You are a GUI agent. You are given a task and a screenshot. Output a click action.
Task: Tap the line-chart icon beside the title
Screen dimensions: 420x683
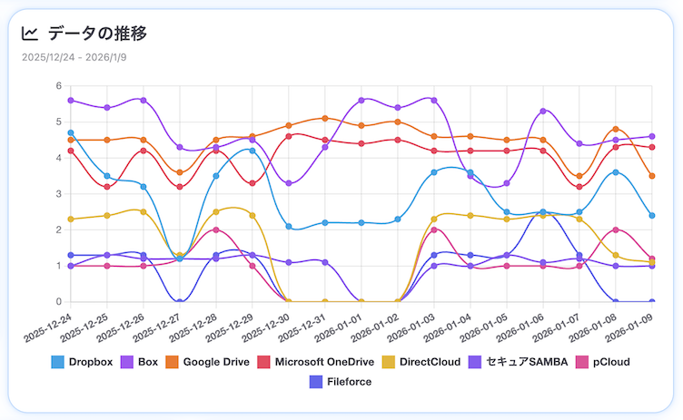[30, 34]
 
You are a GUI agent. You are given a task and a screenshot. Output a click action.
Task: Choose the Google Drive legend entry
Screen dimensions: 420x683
[206, 362]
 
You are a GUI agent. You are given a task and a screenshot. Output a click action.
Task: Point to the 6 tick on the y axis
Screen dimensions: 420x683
[58, 87]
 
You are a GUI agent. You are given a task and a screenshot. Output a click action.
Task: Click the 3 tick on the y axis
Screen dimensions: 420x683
[58, 194]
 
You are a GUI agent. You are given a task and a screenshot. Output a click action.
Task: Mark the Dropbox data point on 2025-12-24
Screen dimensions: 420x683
[71, 133]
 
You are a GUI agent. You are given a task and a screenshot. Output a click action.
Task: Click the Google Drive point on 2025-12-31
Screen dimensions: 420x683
[325, 119]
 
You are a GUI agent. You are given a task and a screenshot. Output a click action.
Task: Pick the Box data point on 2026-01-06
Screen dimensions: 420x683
[543, 112]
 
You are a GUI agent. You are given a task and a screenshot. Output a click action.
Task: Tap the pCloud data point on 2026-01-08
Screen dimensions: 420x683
[616, 230]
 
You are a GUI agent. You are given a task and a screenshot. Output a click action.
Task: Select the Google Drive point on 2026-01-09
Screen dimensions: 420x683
[652, 176]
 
